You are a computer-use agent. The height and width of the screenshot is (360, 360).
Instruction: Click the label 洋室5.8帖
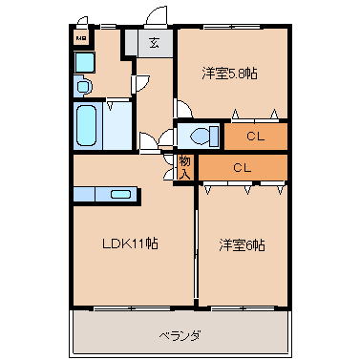tap(230, 74)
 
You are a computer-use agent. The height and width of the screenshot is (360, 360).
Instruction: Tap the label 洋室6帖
tap(243, 244)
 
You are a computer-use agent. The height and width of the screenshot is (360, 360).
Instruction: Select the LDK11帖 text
tap(130, 244)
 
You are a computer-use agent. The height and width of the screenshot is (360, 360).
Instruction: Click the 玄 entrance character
tap(154, 42)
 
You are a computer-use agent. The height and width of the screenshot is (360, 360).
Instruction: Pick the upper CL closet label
tap(254, 136)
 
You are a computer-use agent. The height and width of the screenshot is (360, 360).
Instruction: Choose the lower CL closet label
tap(243, 168)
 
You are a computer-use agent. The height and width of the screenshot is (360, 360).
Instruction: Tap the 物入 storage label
tap(185, 168)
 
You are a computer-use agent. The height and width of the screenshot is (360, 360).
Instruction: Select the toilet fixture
tap(200, 136)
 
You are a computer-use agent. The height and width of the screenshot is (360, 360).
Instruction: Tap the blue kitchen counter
tap(105, 194)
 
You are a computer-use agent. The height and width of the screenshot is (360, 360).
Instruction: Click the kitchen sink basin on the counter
tap(120, 194)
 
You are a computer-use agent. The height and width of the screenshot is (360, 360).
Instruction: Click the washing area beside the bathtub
tap(118, 125)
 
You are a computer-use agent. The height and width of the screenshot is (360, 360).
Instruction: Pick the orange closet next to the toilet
tap(255, 136)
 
